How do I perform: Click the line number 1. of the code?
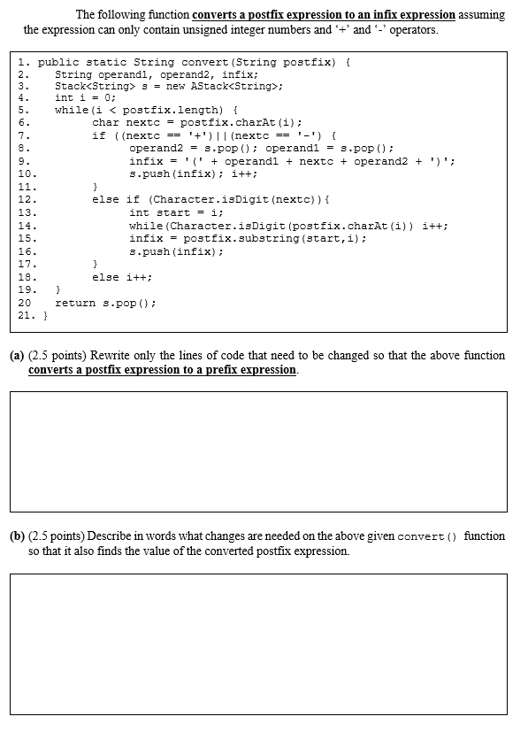coord(23,62)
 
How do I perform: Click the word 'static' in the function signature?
coord(96,62)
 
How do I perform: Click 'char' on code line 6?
coord(105,122)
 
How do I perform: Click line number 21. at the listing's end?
coord(27,314)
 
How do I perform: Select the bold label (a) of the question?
coord(17,356)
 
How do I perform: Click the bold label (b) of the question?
coord(17,536)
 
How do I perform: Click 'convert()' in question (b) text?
coord(429,536)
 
